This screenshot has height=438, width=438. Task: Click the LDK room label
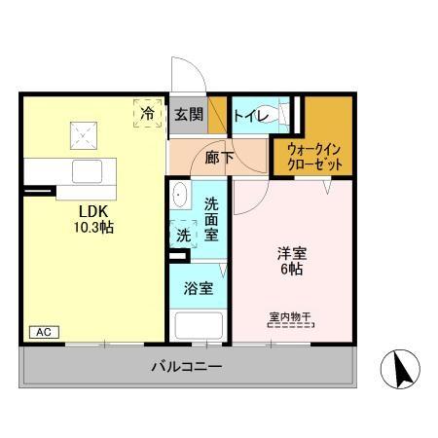pos(93,209)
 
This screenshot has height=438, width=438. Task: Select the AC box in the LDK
pos(42,332)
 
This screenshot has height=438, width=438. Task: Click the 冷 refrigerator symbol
pos(146,113)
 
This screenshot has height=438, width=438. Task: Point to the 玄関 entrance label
pos(188,115)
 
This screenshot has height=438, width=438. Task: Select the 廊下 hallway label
pos(220,155)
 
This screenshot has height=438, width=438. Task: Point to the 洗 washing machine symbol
pos(182,234)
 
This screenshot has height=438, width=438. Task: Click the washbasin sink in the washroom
pos(179,198)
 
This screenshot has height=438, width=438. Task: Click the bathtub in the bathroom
pos(199,325)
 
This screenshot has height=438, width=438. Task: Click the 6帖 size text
pos(288,270)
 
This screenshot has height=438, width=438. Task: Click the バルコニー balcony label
pos(187,369)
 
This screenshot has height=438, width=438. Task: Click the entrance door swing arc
pos(186,79)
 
